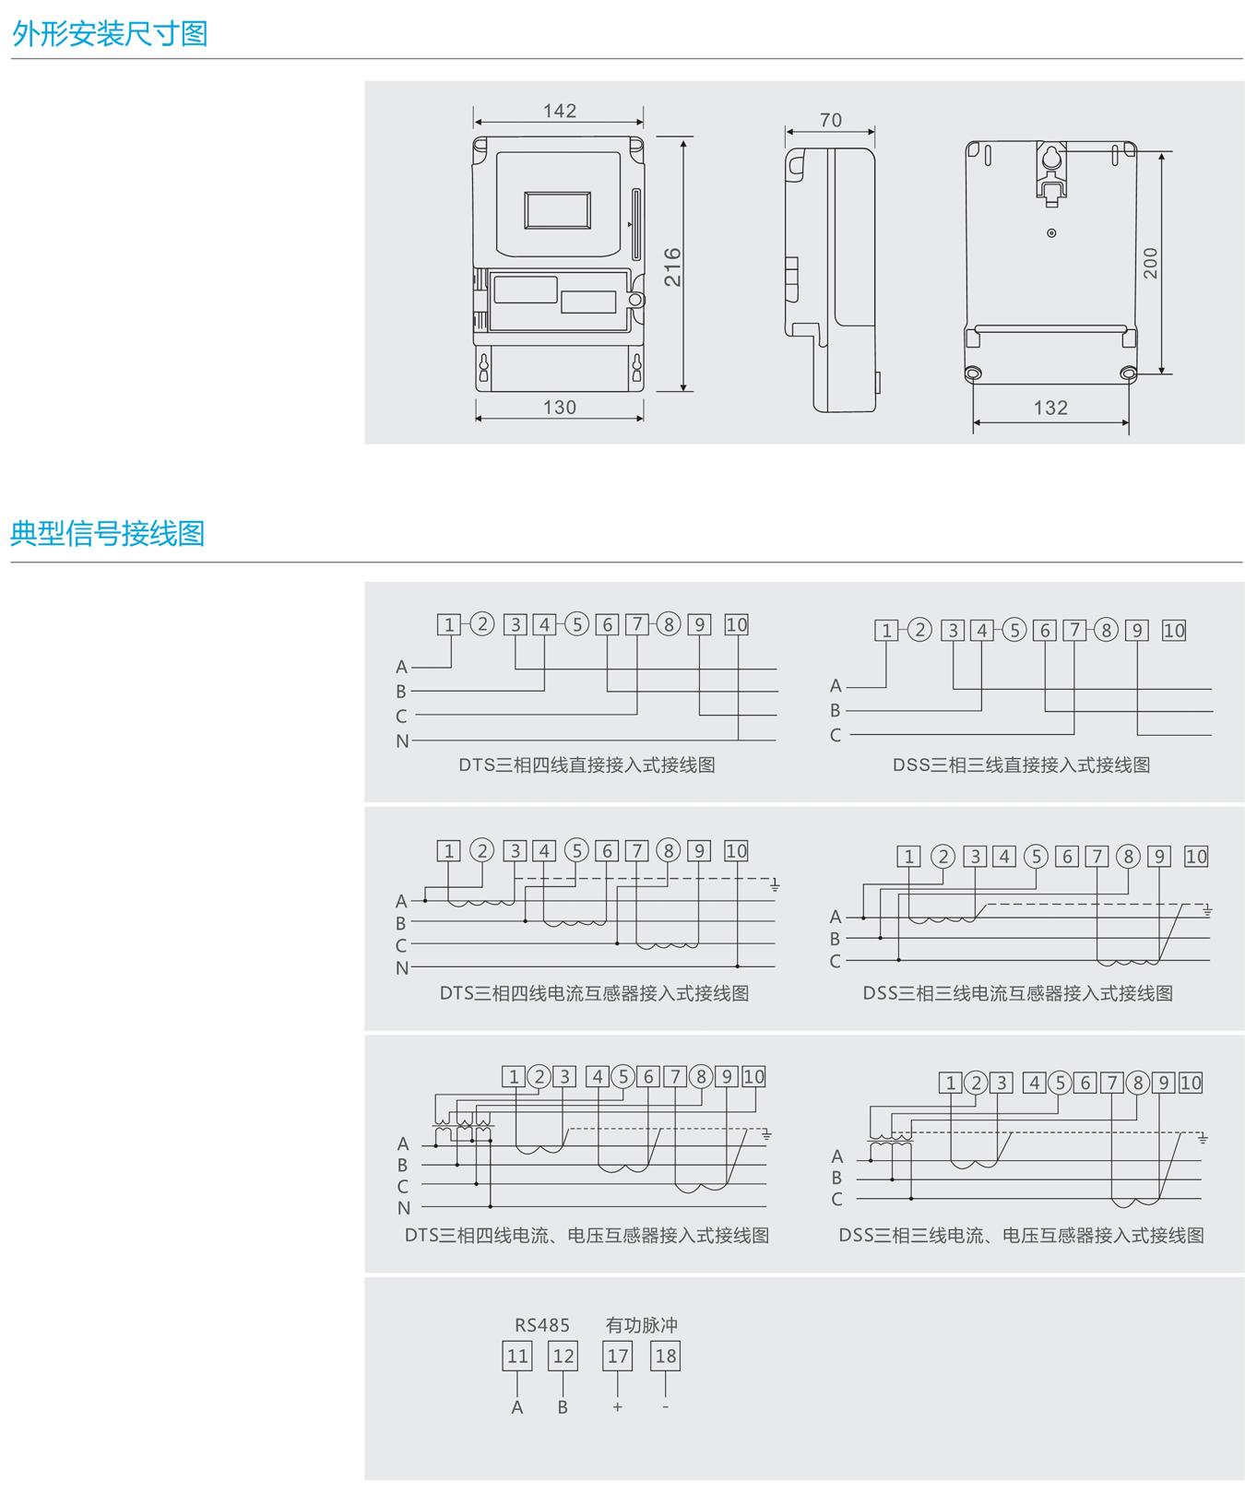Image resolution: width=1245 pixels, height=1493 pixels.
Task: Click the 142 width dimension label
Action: click(x=560, y=111)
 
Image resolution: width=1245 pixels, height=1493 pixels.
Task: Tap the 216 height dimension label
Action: click(x=672, y=267)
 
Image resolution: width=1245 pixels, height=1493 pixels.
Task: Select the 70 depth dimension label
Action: click(x=830, y=121)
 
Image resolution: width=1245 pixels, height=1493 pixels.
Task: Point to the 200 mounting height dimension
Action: click(x=1150, y=264)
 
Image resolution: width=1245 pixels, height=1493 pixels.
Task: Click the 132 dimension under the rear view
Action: click(x=1050, y=408)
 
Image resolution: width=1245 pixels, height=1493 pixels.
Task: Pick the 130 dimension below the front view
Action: click(x=560, y=407)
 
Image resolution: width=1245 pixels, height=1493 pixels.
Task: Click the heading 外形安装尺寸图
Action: click(x=110, y=34)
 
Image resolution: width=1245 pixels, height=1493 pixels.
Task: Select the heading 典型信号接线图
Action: click(x=108, y=533)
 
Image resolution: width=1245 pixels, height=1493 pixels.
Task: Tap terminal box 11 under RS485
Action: click(x=517, y=1356)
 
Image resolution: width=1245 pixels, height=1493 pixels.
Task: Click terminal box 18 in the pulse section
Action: click(x=665, y=1356)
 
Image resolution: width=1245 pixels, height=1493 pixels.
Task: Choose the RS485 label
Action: click(x=542, y=1325)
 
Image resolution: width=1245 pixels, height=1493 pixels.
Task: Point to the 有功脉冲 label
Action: click(x=641, y=1325)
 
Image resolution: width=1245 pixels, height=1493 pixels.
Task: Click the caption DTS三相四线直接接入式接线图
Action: click(x=587, y=764)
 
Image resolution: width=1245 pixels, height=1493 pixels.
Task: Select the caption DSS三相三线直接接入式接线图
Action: click(x=1021, y=764)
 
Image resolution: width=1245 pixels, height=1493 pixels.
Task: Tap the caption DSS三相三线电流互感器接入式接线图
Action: click(x=1017, y=993)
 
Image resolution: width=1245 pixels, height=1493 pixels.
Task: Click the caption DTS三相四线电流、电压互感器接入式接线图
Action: click(x=587, y=1235)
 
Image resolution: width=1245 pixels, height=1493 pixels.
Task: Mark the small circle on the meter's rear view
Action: click(x=1051, y=233)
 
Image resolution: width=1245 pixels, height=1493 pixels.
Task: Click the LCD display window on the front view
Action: click(x=558, y=210)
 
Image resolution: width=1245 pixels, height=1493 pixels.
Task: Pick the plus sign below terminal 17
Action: click(x=617, y=1407)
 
